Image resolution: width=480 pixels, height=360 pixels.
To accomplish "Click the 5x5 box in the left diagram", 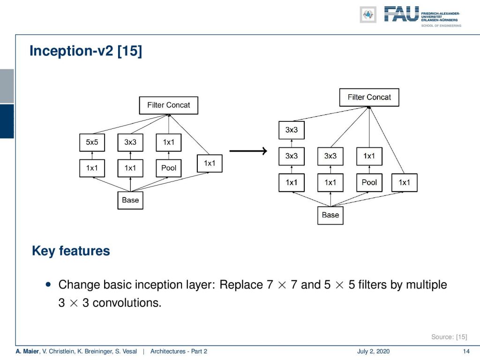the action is point(92,142).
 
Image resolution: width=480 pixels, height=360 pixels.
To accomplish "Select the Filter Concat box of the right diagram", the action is point(369,97).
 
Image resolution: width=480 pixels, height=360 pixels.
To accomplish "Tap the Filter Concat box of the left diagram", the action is point(169,105).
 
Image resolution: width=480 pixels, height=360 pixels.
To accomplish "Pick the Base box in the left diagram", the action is point(130,200).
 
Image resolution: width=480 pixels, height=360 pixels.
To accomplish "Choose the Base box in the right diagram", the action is point(330,215).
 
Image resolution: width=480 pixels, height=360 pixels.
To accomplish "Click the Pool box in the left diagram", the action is point(169,168).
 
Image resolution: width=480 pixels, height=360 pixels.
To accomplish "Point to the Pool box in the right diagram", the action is point(369,182).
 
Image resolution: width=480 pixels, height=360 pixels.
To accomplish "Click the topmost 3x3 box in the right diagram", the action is point(292,130).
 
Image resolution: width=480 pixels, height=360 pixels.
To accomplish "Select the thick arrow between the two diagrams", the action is point(248,150).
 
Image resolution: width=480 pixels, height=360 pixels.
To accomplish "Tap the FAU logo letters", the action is point(401,14).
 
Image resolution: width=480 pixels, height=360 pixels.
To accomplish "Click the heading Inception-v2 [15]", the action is point(86,51).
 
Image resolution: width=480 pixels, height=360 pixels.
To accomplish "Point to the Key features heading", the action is point(71,251).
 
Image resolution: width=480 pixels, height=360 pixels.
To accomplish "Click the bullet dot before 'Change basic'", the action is point(48,285).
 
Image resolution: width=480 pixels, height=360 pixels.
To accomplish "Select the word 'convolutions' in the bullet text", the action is point(127,303).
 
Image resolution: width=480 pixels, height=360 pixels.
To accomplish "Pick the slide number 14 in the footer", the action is point(466,351).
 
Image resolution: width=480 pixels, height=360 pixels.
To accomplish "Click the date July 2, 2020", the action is point(373,351).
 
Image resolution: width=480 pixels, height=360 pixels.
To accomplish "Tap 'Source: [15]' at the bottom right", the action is point(449,337).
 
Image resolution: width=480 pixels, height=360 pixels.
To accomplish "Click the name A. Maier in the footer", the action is point(27,351).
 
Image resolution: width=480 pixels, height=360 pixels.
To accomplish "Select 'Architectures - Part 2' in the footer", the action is point(179,351).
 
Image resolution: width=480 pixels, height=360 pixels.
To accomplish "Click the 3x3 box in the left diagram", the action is point(130,142).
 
